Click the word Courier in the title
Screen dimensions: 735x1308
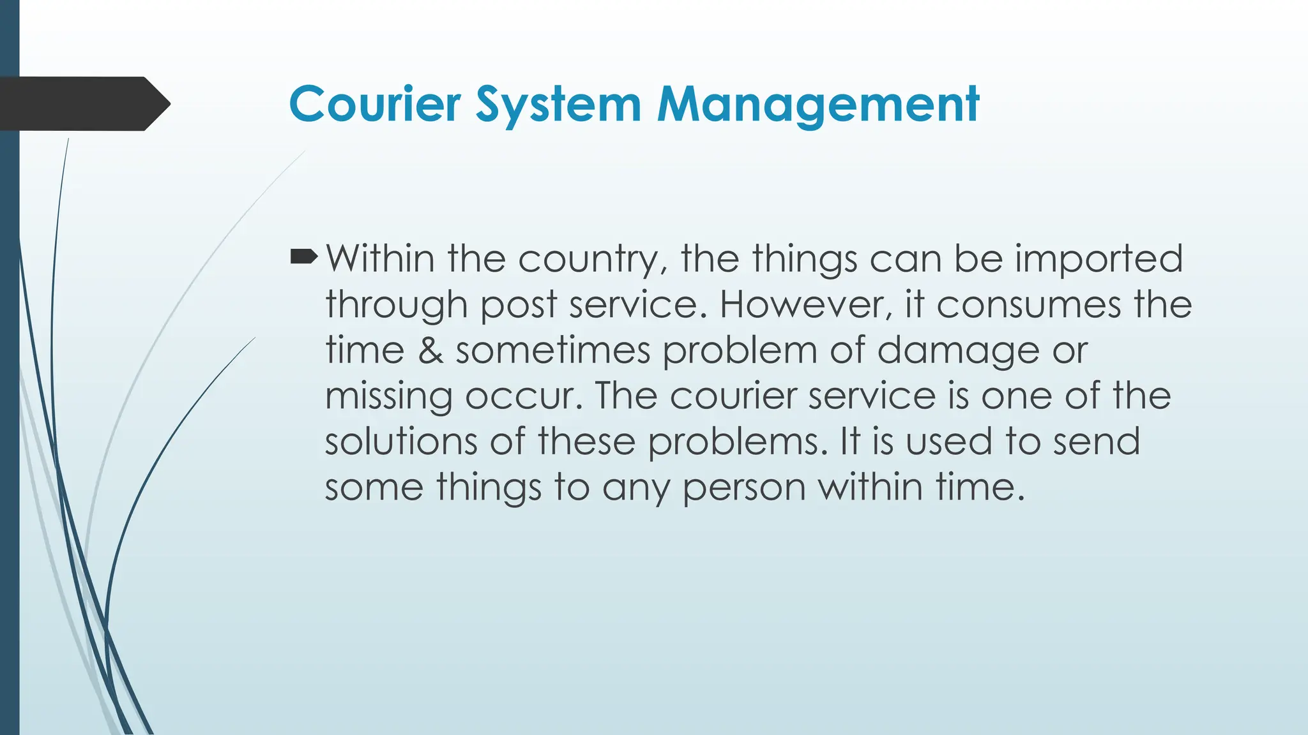375,104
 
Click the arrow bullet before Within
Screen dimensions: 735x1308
303,258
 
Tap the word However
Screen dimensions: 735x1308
805,304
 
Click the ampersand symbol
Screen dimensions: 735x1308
430,350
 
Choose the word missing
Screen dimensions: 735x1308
388,397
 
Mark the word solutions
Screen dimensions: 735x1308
401,442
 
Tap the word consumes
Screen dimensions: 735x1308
1028,304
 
